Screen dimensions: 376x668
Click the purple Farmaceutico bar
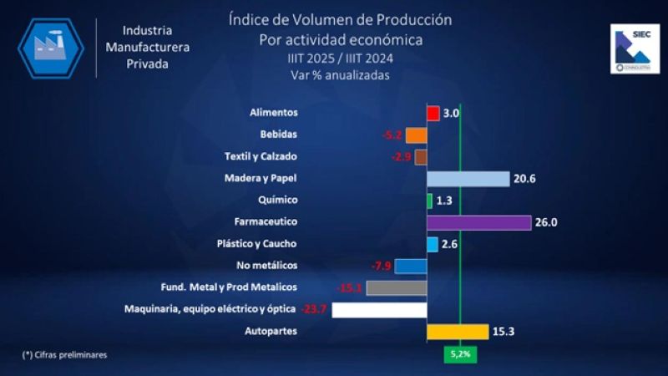click(x=478, y=222)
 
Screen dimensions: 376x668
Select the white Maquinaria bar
click(x=379, y=310)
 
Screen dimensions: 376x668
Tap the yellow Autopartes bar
click(x=457, y=332)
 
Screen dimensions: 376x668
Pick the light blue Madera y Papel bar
click(x=468, y=179)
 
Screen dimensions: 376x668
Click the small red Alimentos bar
click(x=433, y=114)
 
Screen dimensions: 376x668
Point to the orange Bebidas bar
click(x=417, y=135)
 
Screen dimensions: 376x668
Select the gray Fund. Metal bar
click(x=397, y=288)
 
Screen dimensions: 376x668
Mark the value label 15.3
click(x=503, y=332)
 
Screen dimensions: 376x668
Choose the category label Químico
click(x=278, y=201)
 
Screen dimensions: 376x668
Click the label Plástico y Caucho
click(x=257, y=244)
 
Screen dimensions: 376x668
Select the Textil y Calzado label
click(x=261, y=157)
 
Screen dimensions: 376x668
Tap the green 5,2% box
click(x=461, y=353)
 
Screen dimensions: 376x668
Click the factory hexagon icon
click(x=51, y=48)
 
